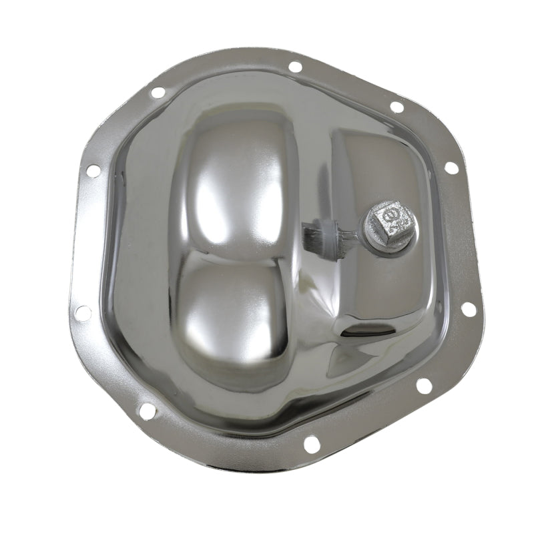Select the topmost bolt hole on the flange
coord(294,67)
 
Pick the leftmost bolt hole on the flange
coord(83,312)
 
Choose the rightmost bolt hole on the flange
coord(469,309)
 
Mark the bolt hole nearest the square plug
coord(452,168)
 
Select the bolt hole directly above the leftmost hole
coord(93,171)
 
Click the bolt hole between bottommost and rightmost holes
coord(423,385)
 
